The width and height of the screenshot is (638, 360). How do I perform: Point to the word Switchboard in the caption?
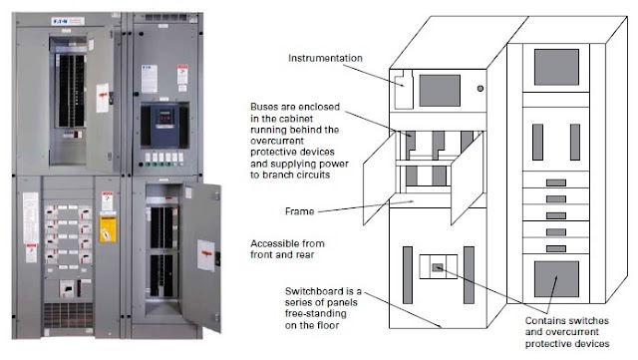click(x=315, y=288)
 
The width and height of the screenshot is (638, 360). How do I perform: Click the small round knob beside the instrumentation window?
click(x=480, y=90)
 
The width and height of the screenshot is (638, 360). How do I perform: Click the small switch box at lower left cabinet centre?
click(x=440, y=266)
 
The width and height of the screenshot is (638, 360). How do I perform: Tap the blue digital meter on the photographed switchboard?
click(x=160, y=124)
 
